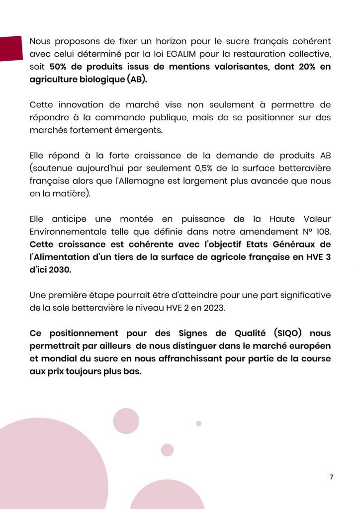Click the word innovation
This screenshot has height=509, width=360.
[x=83, y=105]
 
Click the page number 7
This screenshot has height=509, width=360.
[x=332, y=477]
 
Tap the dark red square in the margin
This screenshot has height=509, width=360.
[x=11, y=48]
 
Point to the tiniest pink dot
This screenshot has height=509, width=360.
[x=199, y=424]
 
